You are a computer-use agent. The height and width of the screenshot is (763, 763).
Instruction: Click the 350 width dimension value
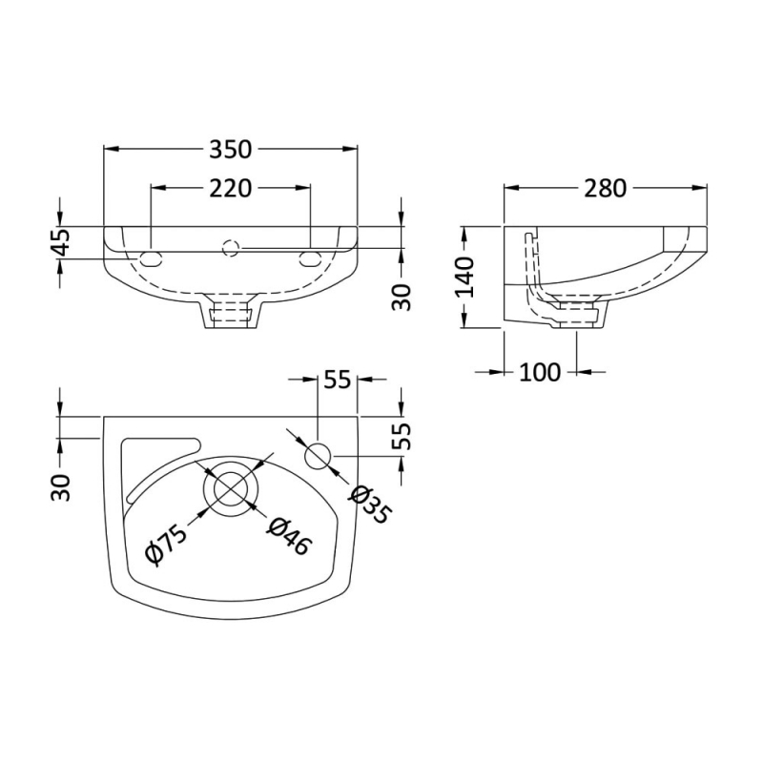[x=230, y=150]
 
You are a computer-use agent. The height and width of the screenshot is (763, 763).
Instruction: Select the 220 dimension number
[x=230, y=188]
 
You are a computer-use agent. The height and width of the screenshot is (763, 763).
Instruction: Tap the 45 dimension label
[x=61, y=242]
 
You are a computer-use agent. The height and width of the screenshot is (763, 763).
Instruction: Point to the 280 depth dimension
[x=605, y=188]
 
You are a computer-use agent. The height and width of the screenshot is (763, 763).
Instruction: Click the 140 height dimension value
[x=464, y=278]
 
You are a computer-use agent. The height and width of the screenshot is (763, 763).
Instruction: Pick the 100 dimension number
[x=540, y=373]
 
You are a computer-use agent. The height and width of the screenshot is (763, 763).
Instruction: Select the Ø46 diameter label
[x=288, y=536]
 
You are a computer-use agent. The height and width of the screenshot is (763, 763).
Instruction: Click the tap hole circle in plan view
[x=318, y=456]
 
